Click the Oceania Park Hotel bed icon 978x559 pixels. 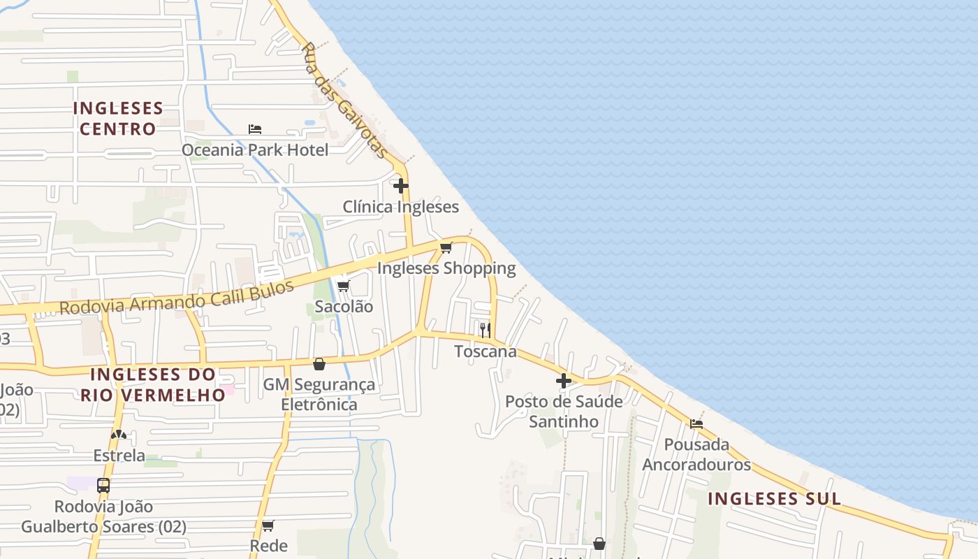click(x=255, y=129)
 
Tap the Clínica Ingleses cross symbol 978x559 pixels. click(x=401, y=186)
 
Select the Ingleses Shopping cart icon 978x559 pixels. click(x=446, y=247)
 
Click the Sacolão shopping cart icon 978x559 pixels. click(x=343, y=286)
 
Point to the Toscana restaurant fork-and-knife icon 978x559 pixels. click(x=486, y=330)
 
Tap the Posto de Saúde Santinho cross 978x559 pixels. click(x=564, y=381)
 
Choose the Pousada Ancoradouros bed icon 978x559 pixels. click(x=696, y=423)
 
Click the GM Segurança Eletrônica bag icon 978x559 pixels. click(x=319, y=364)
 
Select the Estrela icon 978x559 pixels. click(x=119, y=435)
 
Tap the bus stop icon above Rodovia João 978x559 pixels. click(x=103, y=485)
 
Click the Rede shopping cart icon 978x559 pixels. click(x=268, y=525)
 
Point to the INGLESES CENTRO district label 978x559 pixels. click(x=117, y=119)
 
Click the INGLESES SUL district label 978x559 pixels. click(x=774, y=499)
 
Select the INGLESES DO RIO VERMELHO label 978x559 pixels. click(x=152, y=384)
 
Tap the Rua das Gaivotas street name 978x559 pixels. click(x=344, y=100)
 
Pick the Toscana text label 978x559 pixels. click(x=486, y=351)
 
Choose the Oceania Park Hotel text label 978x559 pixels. click(x=255, y=150)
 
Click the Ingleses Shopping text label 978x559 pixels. click(x=446, y=268)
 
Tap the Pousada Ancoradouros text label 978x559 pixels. click(x=696, y=454)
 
